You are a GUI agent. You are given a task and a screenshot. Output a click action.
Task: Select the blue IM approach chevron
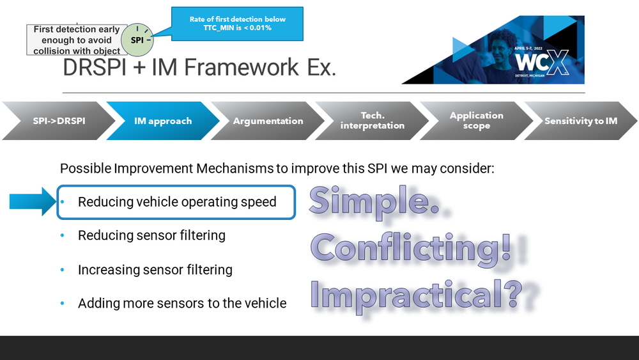click(x=162, y=121)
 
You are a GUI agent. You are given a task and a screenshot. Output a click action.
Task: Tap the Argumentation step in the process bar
click(x=268, y=121)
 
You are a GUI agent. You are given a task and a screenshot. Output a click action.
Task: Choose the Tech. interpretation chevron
click(x=373, y=121)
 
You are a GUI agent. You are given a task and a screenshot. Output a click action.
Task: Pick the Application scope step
click(x=476, y=121)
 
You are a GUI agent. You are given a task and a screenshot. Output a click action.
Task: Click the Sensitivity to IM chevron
click(x=581, y=121)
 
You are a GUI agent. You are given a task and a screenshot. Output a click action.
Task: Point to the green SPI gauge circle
click(x=137, y=40)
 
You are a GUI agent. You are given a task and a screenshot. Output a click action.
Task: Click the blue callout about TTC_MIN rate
click(x=237, y=24)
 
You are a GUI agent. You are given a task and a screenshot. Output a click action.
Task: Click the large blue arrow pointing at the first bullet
click(x=33, y=201)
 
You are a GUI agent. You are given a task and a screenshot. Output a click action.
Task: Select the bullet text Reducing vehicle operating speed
click(x=177, y=202)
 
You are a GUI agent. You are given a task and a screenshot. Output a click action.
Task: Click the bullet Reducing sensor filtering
click(x=151, y=235)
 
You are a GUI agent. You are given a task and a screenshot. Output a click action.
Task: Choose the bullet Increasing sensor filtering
click(x=155, y=270)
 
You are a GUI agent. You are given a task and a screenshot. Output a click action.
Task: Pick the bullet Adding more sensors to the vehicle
click(x=182, y=303)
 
